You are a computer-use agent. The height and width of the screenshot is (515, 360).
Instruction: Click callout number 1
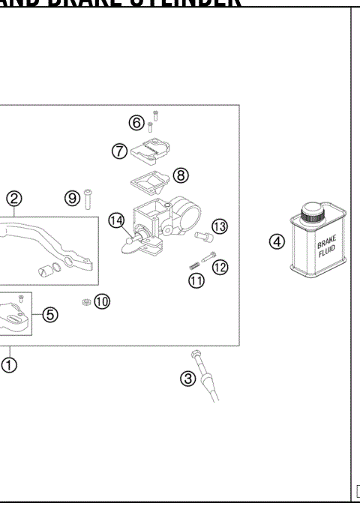click(10, 365)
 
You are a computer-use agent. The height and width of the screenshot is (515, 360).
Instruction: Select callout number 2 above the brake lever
click(13, 199)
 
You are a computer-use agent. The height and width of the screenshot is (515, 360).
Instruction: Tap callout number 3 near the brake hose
click(188, 379)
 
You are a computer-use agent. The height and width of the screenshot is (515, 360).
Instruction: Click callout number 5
click(49, 315)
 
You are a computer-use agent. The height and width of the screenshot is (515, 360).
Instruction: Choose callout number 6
click(136, 122)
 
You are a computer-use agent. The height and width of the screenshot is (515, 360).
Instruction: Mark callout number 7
click(118, 151)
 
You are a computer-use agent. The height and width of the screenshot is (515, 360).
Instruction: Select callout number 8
click(180, 175)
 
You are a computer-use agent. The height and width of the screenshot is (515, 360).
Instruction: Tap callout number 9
click(72, 198)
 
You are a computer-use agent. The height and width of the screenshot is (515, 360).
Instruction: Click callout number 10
click(102, 301)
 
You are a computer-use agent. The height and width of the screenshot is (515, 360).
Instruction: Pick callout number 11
click(196, 281)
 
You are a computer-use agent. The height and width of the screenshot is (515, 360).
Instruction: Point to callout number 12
click(220, 266)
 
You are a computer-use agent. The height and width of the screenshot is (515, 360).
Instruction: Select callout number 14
click(115, 220)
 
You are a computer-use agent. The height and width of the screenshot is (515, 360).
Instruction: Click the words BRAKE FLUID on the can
click(327, 248)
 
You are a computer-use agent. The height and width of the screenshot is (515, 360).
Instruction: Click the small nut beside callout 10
click(85, 301)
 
